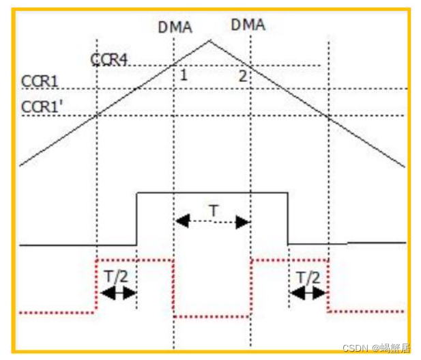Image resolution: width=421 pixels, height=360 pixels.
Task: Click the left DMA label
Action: point(175,27)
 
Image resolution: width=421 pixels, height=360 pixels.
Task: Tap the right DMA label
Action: point(248,25)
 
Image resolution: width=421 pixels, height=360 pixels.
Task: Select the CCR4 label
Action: point(109,59)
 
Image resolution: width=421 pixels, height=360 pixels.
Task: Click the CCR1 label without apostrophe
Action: point(40,82)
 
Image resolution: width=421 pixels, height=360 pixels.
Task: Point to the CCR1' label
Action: point(42,107)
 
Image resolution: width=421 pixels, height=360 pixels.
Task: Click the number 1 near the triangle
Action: point(184,74)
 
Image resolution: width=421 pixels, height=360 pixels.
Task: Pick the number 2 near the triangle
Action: point(242,74)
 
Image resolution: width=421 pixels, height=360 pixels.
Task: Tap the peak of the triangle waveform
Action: point(209,41)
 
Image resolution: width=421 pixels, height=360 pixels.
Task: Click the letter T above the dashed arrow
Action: point(214,211)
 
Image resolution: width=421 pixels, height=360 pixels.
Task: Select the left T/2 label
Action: point(116,277)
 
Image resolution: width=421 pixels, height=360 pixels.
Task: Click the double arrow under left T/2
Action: point(118,292)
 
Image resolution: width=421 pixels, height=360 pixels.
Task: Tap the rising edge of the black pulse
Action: point(137,219)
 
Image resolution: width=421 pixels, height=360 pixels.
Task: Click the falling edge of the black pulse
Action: point(287,219)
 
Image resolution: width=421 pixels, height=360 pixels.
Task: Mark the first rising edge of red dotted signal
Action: point(97,286)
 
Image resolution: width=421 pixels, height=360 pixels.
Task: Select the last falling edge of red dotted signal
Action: point(328,286)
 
